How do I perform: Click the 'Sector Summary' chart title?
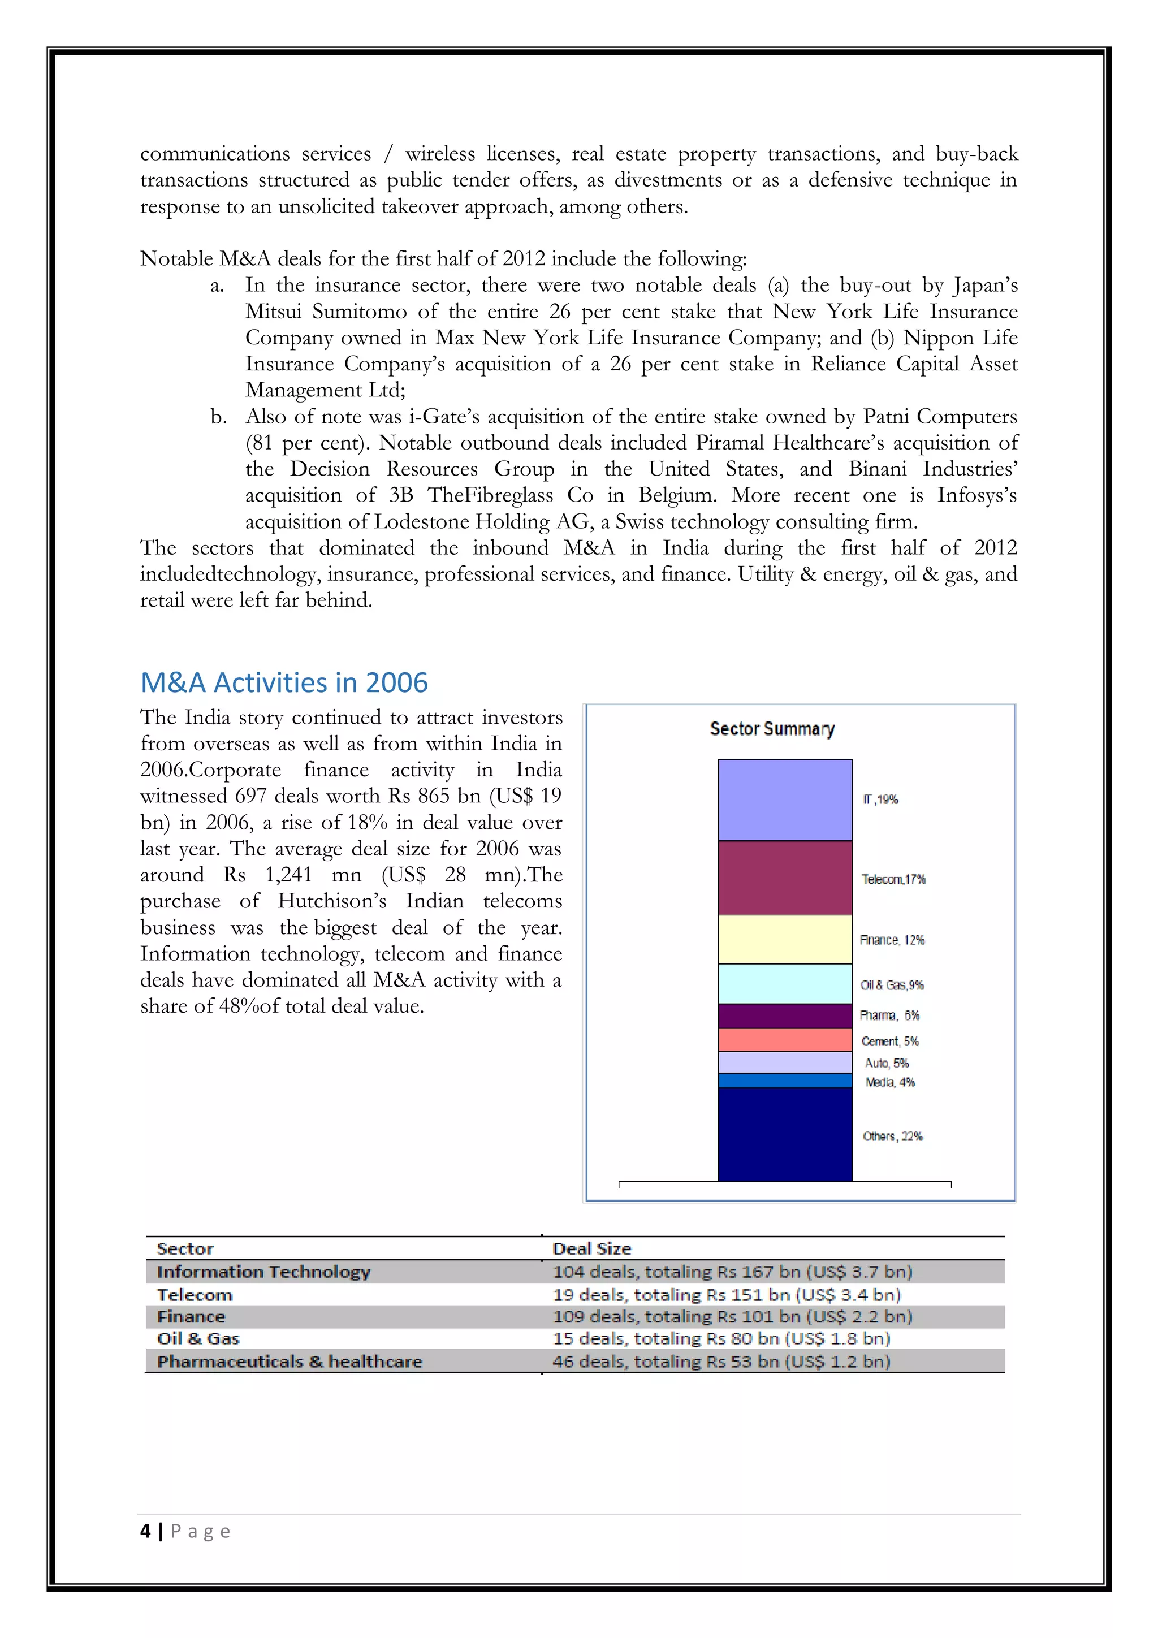point(772,728)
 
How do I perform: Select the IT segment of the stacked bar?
point(785,799)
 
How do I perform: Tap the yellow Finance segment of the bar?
point(785,939)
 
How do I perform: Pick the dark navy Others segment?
point(785,1134)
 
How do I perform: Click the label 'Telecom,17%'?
point(893,879)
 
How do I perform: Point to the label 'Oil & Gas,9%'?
point(892,985)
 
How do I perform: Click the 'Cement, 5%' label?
point(890,1041)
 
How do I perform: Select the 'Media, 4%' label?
point(890,1082)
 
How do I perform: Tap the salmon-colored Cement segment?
point(785,1039)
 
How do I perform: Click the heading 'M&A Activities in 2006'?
point(284,683)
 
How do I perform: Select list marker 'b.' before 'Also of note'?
point(218,417)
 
